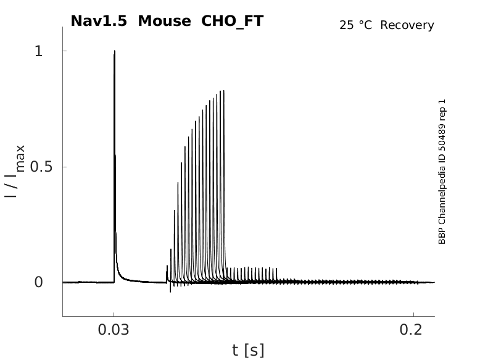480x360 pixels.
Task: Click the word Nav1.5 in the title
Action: (x=99, y=21)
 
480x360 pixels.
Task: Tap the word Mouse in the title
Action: (x=165, y=21)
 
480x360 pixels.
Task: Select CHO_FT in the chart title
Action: (x=232, y=21)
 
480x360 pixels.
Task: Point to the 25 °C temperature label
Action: (x=357, y=25)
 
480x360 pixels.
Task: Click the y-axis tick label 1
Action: (x=39, y=51)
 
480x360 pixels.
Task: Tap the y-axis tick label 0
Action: (x=39, y=282)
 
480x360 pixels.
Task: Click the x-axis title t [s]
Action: (x=248, y=351)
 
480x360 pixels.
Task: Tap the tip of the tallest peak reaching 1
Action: (x=115, y=51)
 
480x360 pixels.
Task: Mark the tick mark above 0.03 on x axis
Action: (x=114, y=314)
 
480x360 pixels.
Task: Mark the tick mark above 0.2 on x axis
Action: (x=413, y=314)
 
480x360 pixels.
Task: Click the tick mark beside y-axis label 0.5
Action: (x=65, y=167)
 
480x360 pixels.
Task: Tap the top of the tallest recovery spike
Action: (x=223, y=91)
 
